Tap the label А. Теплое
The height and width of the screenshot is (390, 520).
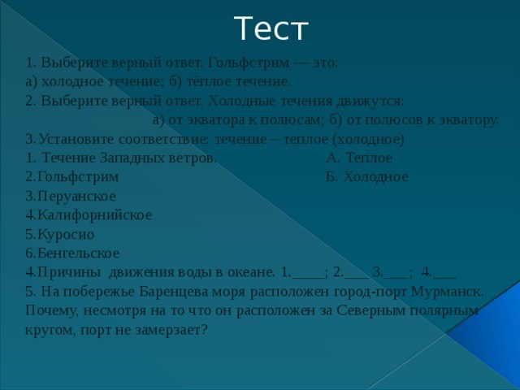tap(358, 158)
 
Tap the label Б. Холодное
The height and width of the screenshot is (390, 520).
tap(366, 176)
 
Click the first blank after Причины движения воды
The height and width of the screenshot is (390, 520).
tap(308, 272)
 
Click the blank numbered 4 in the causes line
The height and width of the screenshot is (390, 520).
tap(444, 272)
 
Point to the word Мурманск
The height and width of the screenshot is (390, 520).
tap(451, 291)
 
